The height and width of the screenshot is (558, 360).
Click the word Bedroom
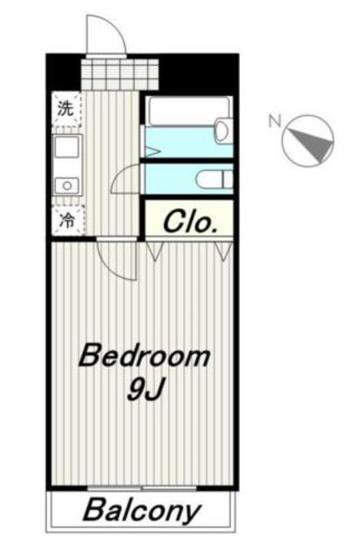[x=144, y=356]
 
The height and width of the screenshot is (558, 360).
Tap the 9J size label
[x=146, y=390]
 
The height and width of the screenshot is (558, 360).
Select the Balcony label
[x=142, y=511]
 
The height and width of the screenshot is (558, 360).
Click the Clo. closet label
[x=190, y=221]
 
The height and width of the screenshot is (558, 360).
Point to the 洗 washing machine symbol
[x=66, y=109]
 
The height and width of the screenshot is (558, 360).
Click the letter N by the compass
[x=275, y=120]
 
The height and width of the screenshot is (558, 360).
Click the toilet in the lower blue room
[x=214, y=179]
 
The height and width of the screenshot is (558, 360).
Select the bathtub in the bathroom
[x=188, y=111]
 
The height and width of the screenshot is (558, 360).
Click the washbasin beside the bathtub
[x=222, y=131]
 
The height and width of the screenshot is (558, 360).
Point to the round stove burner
[x=66, y=186]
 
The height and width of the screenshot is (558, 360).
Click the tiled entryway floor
[x=119, y=74]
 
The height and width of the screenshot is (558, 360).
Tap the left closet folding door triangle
[x=154, y=252]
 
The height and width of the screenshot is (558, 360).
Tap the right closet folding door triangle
[x=223, y=252]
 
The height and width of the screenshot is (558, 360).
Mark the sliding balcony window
[x=142, y=488]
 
